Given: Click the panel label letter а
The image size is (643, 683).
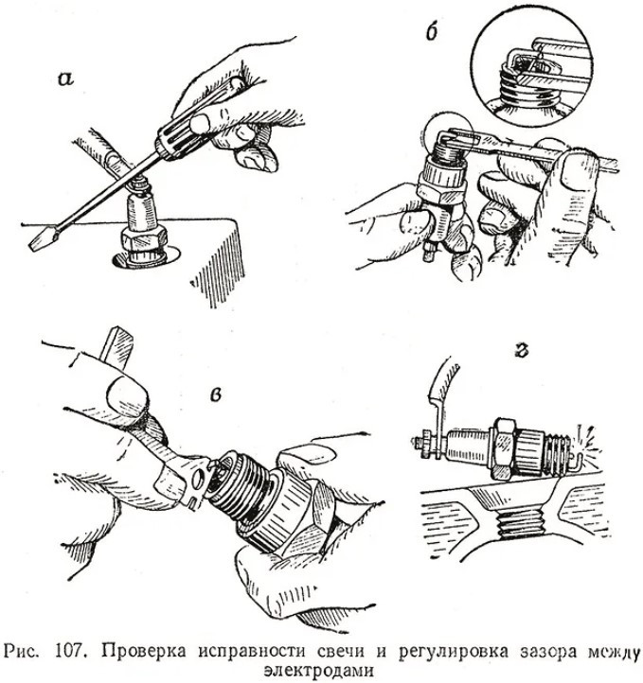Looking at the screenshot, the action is click(65, 80).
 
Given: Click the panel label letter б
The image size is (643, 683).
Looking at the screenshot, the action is click(432, 31).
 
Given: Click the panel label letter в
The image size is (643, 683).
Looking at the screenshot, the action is click(215, 394).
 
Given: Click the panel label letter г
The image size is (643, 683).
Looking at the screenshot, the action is click(522, 350).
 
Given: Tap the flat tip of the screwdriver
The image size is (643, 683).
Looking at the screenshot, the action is click(40, 239).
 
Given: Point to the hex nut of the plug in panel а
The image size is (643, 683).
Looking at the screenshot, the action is click(145, 238).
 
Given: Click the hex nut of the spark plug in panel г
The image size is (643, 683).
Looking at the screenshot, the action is click(505, 449).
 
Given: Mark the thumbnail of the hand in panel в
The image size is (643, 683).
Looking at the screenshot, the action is click(127, 393).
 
